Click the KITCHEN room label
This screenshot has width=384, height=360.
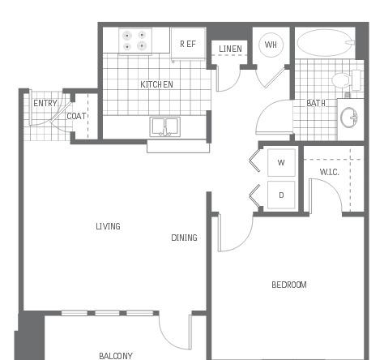point(156,84)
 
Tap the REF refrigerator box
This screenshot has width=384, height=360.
point(188,43)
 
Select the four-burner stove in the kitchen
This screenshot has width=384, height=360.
point(135,41)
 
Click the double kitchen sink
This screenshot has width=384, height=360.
point(164,126)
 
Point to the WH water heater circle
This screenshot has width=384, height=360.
point(271,45)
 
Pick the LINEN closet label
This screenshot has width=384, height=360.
point(230,49)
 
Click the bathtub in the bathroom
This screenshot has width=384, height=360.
point(326,43)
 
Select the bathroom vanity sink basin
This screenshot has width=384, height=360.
point(349,118)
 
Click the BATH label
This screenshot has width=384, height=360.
point(316,103)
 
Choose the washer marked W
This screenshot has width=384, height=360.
point(281,162)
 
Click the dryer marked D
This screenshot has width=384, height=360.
point(281,195)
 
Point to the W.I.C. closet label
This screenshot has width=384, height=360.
point(329,172)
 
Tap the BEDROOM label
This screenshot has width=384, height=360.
point(289,285)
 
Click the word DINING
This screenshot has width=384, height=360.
point(184,238)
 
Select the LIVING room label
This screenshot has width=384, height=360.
point(108,226)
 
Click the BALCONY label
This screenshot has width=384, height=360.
point(116,356)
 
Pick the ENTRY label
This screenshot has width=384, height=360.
point(45,103)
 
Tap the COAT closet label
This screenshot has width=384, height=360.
point(76,116)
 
